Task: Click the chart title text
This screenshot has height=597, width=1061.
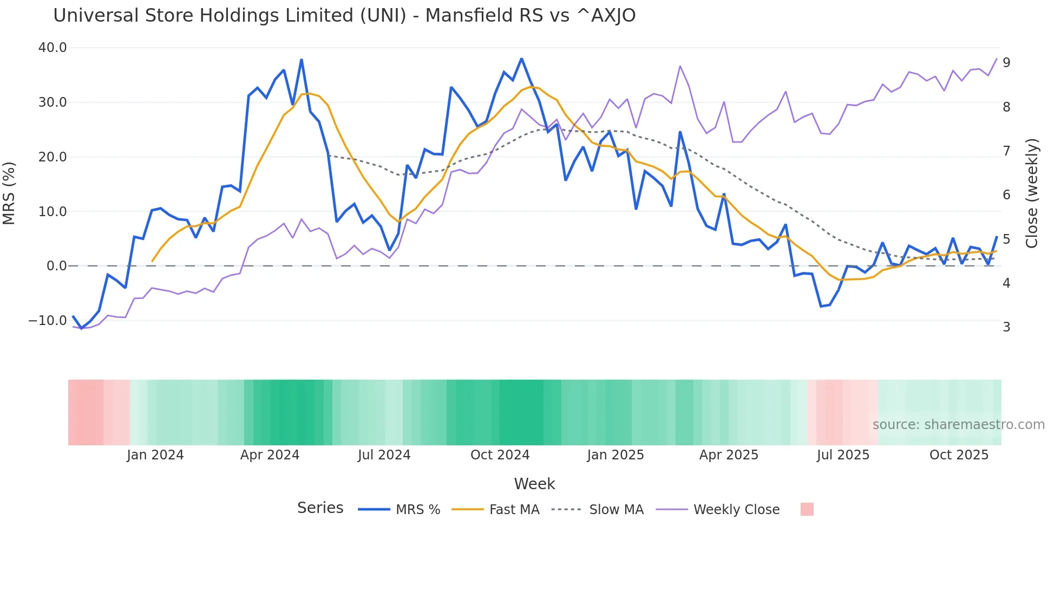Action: (344, 16)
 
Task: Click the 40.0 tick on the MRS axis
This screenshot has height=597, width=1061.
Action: (53, 48)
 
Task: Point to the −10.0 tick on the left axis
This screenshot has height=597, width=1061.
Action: (48, 321)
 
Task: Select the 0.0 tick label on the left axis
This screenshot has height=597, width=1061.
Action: (56, 266)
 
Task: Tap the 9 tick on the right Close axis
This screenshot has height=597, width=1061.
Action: (1006, 63)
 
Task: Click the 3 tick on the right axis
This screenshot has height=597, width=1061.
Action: (1006, 327)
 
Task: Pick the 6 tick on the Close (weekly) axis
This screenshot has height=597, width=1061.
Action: (1006, 195)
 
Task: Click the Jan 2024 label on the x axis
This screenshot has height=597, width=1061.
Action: (155, 455)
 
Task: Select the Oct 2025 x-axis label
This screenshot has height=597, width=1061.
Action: (959, 455)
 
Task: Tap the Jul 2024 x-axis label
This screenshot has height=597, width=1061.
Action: (384, 455)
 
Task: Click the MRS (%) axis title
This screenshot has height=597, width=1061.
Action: (9, 193)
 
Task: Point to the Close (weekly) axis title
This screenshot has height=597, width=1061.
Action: (1032, 193)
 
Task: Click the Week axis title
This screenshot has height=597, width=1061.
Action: (534, 484)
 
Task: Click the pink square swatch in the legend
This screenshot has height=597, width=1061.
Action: (807, 509)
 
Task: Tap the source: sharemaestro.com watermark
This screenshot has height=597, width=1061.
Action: (958, 425)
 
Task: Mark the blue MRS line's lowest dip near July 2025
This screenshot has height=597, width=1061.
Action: (821, 307)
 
